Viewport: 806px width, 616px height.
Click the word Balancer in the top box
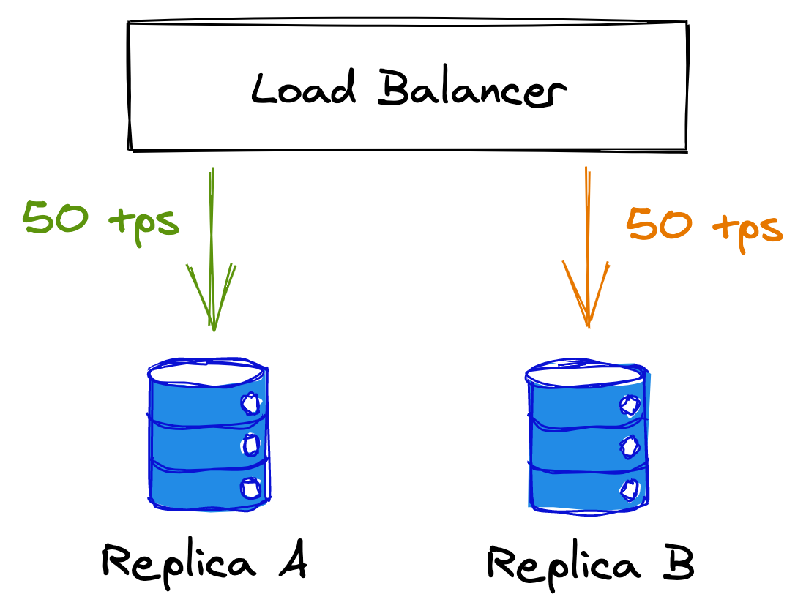tap(472, 91)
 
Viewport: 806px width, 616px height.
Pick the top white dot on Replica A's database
tap(250, 402)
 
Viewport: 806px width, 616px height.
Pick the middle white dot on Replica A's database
tap(251, 444)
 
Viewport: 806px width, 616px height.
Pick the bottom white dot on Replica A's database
tap(250, 487)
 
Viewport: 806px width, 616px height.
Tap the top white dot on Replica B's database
tap(628, 405)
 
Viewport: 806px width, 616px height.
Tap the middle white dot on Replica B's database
tap(628, 446)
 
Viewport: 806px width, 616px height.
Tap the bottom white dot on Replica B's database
tap(628, 487)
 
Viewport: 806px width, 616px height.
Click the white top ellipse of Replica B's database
tap(586, 372)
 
